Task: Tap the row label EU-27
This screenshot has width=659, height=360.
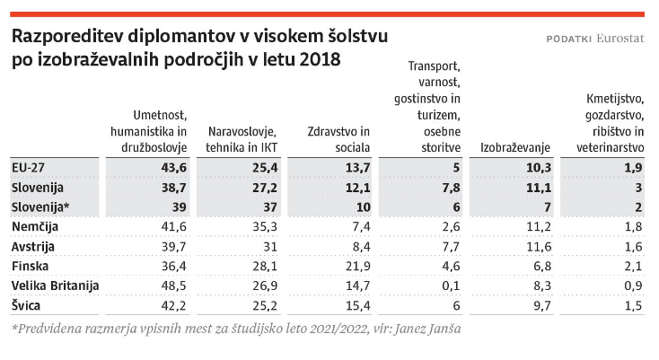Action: (29, 168)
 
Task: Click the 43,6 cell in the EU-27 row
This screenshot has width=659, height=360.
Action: (173, 168)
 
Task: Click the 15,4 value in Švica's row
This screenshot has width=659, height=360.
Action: (356, 306)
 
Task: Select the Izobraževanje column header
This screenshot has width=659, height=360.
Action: (514, 147)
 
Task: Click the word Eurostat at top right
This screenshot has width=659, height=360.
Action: (619, 39)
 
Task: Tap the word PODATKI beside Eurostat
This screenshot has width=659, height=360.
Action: (568, 40)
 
